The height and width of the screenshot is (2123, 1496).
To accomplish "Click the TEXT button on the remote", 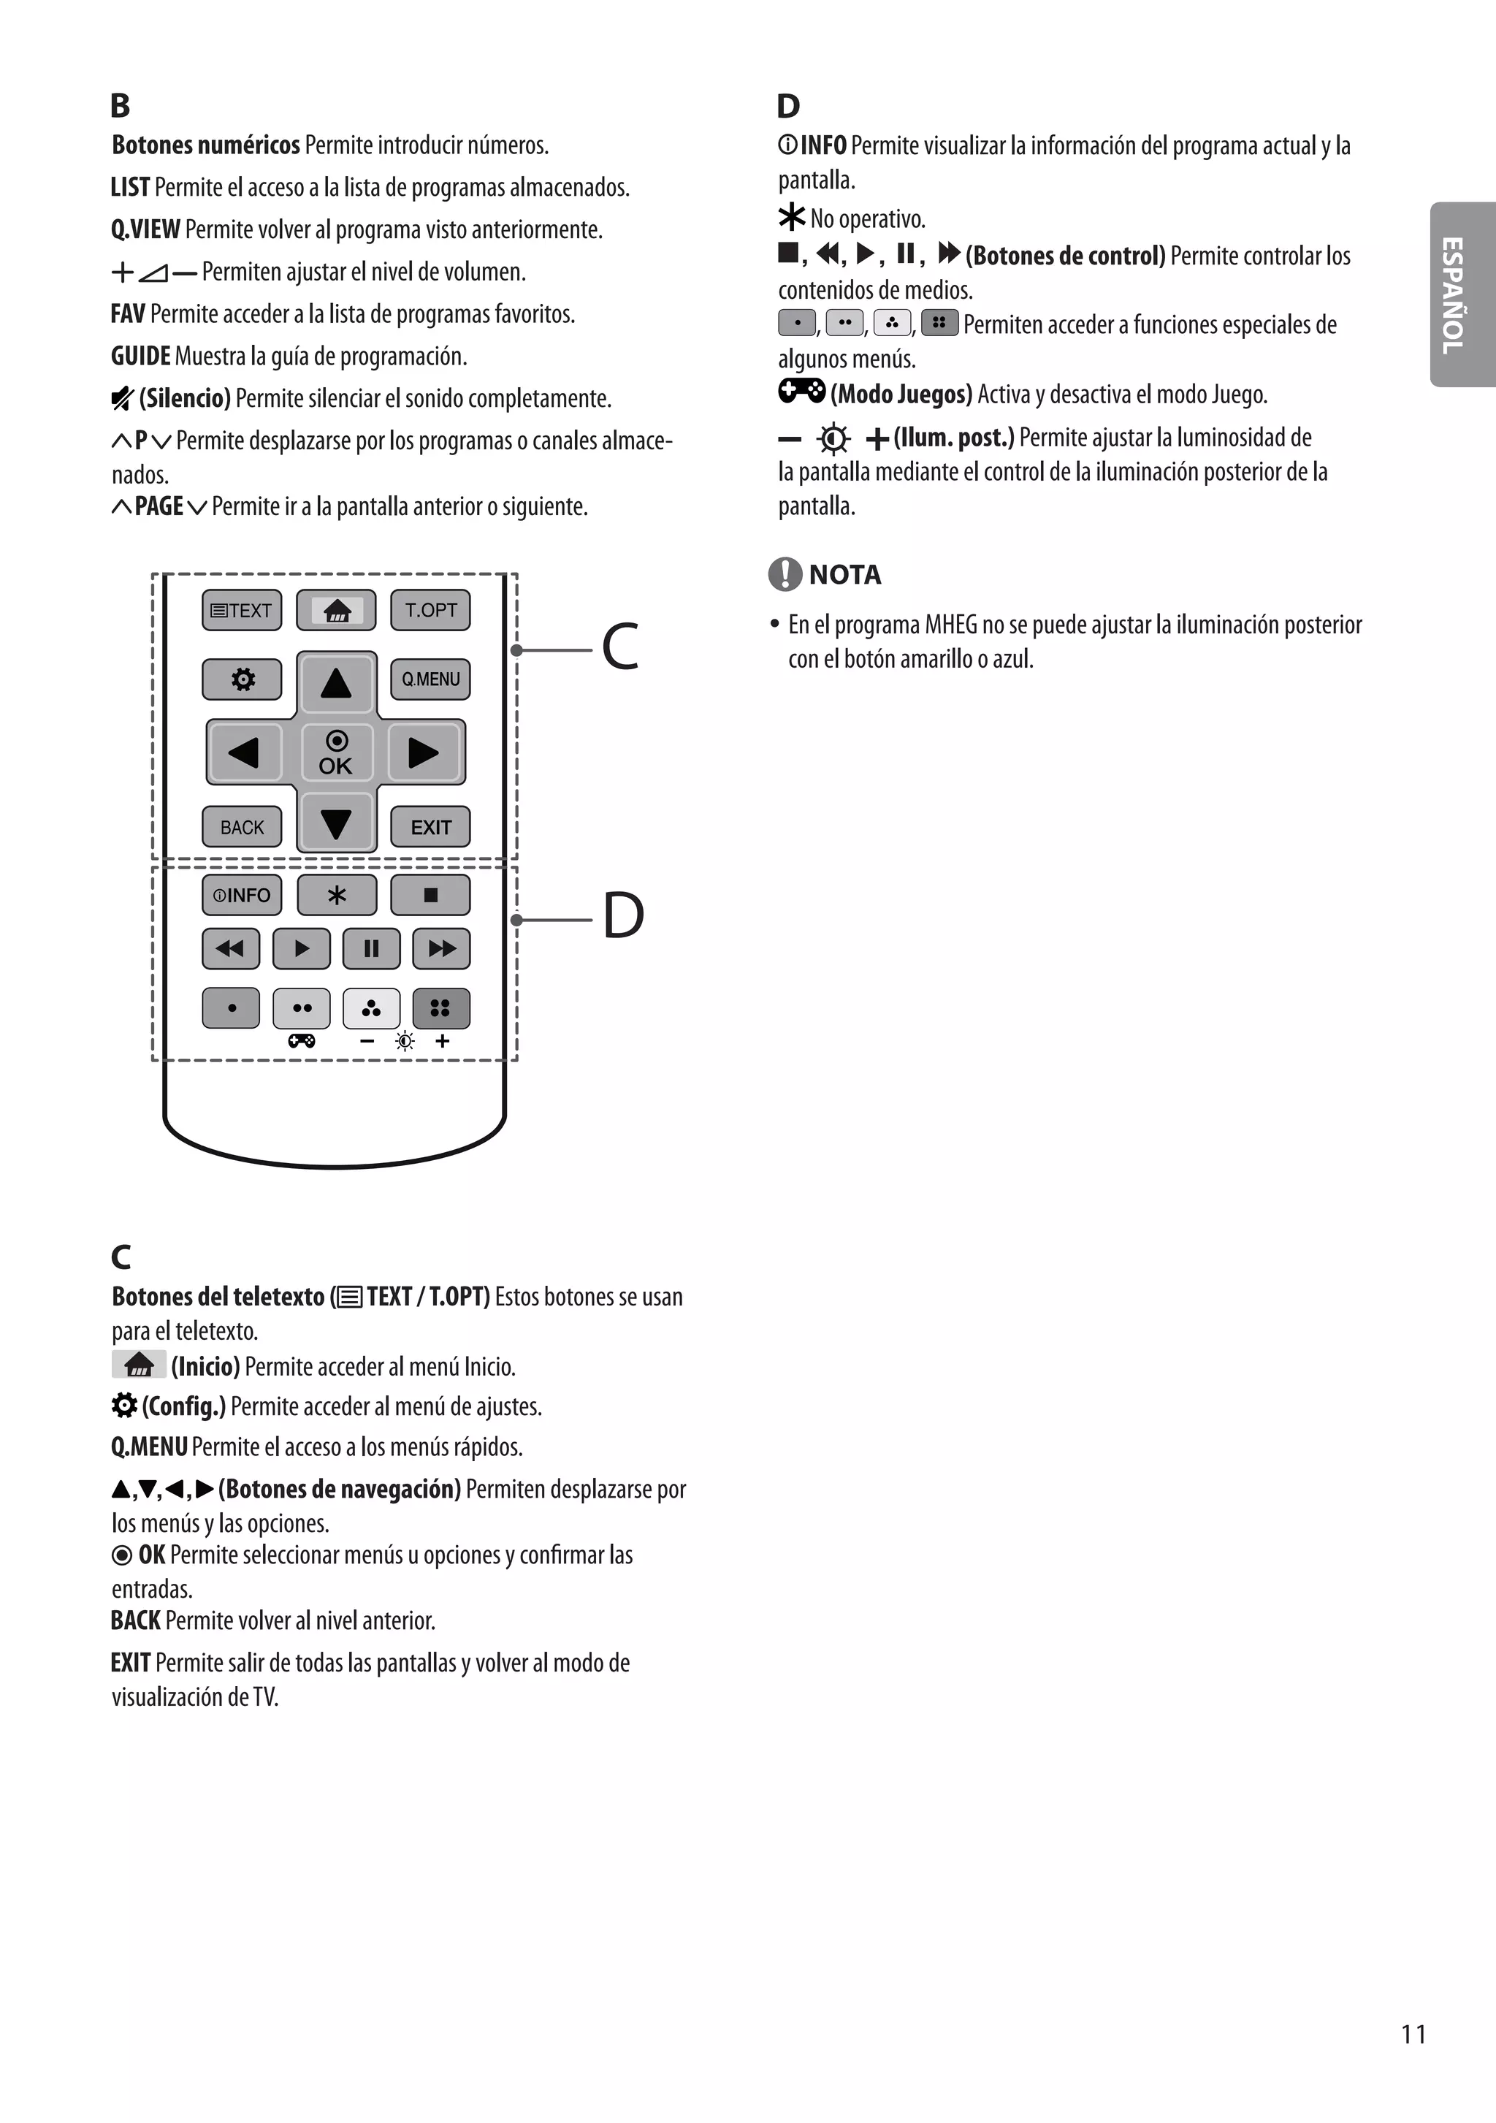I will pos(241,610).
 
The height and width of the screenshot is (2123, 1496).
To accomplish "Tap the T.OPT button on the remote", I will pos(430,610).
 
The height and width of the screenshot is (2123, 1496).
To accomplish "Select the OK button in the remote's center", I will pos(335,752).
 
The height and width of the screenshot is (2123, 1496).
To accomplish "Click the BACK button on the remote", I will pos(241,827).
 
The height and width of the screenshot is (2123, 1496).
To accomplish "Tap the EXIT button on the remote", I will pos(430,827).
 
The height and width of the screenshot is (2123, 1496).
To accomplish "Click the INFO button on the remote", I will pos(241,895).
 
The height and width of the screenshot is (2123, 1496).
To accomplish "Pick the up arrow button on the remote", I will pos(335,683).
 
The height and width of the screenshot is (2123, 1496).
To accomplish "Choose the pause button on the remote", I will pos(371,949).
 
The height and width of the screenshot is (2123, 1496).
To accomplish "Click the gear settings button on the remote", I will pos(241,679).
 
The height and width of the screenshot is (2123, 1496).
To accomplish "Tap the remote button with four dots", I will pos(440,1008).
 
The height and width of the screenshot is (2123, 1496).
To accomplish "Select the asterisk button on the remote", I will pos(337,895).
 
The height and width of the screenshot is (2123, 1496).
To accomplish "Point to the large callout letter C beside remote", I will pos(620,647).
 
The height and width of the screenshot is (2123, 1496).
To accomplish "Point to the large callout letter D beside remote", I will pos(623,915).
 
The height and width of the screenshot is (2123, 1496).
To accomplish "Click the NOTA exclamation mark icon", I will pos(784,574).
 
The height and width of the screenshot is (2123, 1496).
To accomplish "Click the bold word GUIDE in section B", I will pos(140,356).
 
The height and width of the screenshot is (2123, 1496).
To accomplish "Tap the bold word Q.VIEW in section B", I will pos(145,229).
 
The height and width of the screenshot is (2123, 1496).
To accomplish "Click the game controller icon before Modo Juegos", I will pos(801,392).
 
